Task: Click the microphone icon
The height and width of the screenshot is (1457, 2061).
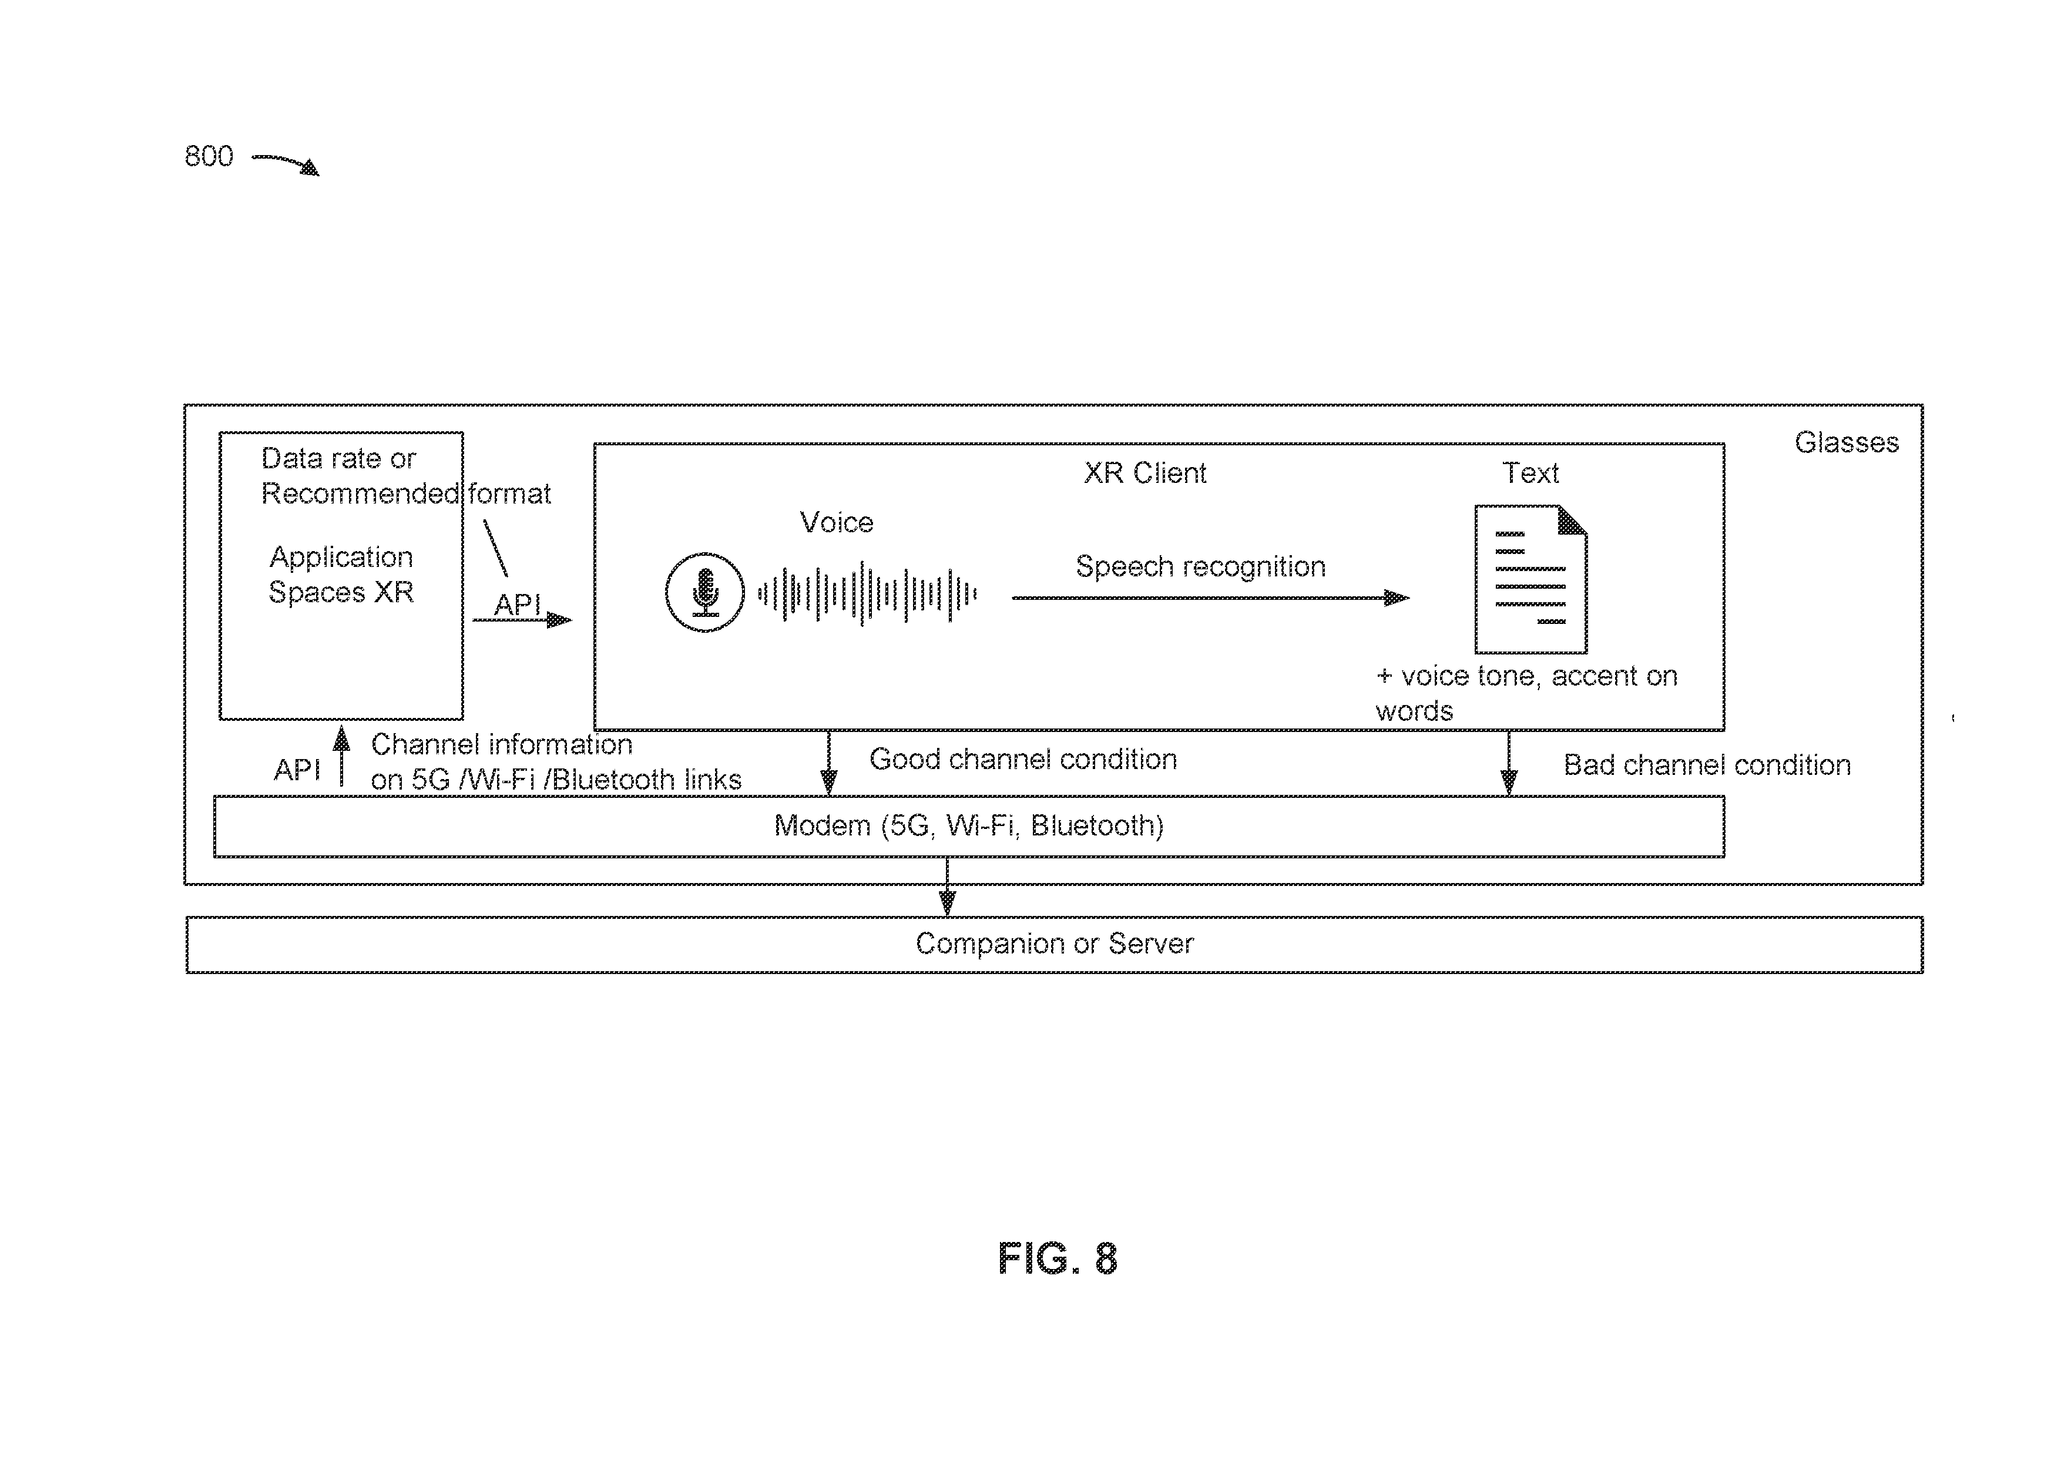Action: pos(704,593)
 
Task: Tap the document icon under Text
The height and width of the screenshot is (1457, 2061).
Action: pos(1532,579)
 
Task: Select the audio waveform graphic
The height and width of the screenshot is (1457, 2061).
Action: pos(868,593)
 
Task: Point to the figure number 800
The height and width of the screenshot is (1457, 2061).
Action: pos(208,156)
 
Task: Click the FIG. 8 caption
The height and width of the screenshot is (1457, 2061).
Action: pos(1058,1258)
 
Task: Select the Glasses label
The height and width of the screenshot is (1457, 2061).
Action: pos(1847,442)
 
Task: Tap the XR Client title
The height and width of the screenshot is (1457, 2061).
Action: pos(1144,473)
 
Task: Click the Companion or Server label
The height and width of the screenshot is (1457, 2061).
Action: pos(1055,944)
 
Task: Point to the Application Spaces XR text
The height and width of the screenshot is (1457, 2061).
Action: pos(341,575)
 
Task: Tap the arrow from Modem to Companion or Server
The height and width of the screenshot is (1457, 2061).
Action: pos(947,887)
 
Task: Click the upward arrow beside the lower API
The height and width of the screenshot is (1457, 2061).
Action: pos(341,757)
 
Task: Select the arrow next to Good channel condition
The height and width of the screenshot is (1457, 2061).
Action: pos(828,763)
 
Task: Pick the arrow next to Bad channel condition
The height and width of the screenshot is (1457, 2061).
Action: pos(1509,763)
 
